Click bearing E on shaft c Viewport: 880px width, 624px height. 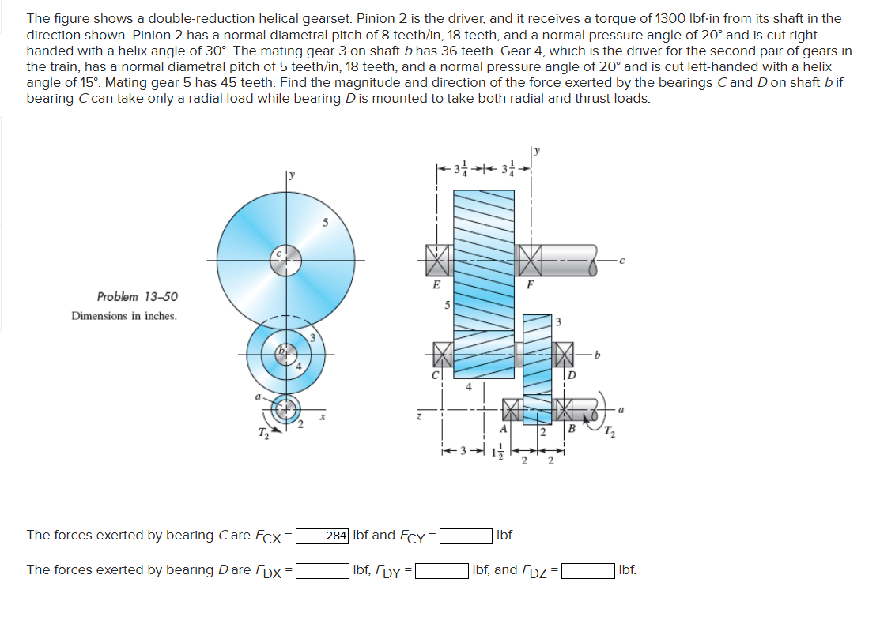437,258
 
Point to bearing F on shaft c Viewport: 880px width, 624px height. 531,258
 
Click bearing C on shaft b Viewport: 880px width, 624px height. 441,355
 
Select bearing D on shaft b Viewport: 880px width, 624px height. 565,355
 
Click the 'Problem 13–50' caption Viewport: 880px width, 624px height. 138,297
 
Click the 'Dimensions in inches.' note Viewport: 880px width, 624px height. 124,316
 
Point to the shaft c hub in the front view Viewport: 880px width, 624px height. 285,260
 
